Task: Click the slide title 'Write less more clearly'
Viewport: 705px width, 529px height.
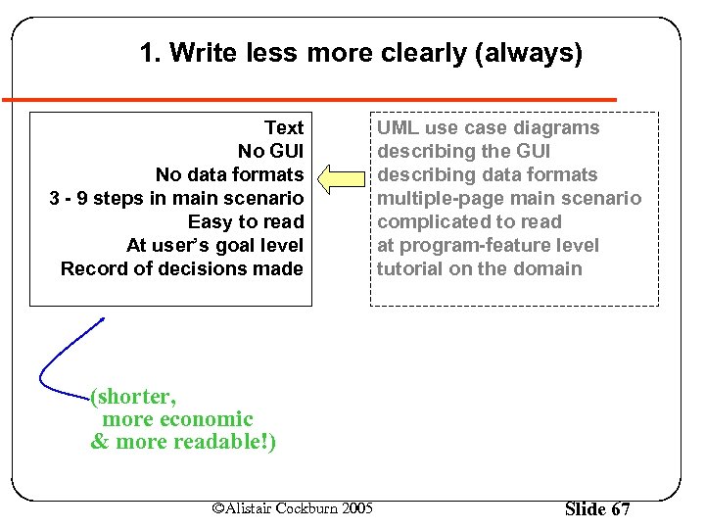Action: pos(360,53)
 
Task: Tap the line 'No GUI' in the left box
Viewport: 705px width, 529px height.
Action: pos(270,151)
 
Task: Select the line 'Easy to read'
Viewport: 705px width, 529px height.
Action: pos(246,221)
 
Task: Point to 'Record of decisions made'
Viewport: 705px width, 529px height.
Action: pos(181,268)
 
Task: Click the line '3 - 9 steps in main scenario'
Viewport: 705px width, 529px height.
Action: pos(176,198)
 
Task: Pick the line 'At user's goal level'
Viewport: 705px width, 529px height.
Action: pos(214,245)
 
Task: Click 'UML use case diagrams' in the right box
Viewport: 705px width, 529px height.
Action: pos(488,127)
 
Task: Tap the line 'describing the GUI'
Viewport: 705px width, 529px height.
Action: pos(463,151)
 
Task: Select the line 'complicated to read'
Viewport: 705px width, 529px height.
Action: pos(469,221)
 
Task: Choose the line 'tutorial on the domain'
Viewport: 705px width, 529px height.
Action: pos(479,268)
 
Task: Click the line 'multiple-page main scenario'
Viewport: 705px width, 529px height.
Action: pos(509,198)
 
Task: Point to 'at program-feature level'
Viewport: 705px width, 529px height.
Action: pos(488,245)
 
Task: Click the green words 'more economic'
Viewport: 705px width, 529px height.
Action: pos(177,419)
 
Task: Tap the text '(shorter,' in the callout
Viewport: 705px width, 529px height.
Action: pos(133,397)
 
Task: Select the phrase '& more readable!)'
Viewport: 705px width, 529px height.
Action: pos(183,442)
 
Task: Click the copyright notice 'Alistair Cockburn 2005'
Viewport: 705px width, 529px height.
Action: pos(293,507)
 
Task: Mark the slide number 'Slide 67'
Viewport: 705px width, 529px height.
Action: pos(597,508)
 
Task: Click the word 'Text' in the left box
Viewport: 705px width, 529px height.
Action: pos(284,127)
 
